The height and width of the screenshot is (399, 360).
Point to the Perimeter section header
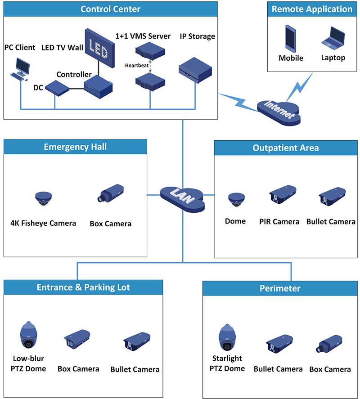coord(280,288)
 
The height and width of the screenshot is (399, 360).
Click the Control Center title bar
coord(110,9)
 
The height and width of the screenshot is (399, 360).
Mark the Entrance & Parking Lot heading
coord(83,287)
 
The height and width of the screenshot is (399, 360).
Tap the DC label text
coord(38,88)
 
